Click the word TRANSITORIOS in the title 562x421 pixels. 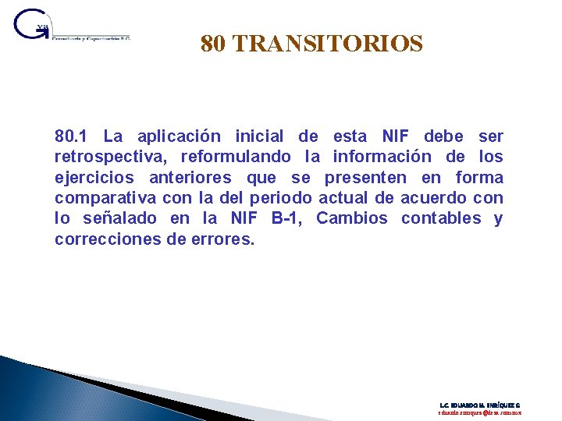(x=328, y=43)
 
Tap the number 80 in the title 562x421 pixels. (x=213, y=43)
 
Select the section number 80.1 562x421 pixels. (x=73, y=137)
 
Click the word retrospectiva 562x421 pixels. (x=106, y=157)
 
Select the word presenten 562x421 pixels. (x=365, y=178)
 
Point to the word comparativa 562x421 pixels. (x=105, y=198)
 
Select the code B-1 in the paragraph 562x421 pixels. (x=286, y=218)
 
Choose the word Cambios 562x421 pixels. (x=352, y=218)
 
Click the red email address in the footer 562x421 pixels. (x=478, y=413)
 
